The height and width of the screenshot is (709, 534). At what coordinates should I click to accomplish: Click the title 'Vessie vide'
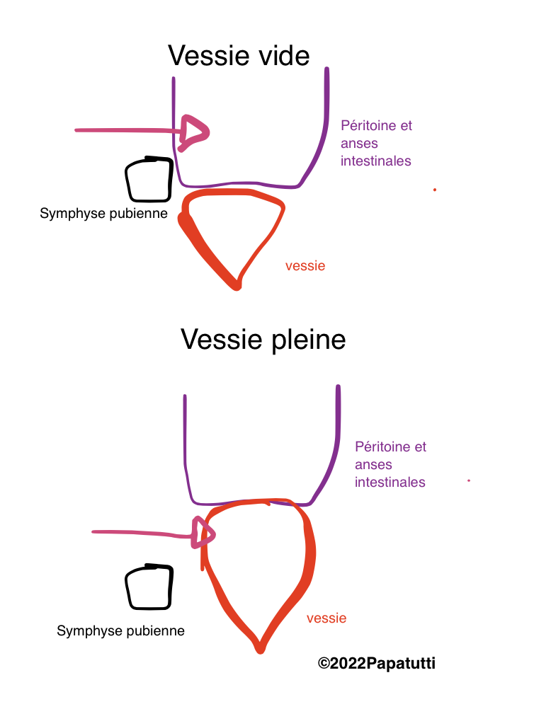point(239,55)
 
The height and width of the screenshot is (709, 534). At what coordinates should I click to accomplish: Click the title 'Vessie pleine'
point(263,339)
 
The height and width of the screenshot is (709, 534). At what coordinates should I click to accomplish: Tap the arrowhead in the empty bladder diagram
point(194,130)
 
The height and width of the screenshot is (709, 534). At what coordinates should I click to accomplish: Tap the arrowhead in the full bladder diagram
point(204,531)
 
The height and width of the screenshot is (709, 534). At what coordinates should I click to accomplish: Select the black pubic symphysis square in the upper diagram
point(149,179)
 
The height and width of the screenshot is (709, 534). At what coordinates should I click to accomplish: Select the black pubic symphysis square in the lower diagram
point(149,587)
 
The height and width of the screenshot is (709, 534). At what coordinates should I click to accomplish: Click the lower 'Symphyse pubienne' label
point(120,630)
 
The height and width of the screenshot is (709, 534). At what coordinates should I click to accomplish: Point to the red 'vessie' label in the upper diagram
point(305,266)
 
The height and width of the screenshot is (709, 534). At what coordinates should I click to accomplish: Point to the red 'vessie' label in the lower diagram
point(326,618)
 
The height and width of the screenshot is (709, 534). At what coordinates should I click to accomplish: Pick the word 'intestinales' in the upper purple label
point(375,161)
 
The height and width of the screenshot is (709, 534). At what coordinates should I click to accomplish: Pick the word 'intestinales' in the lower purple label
point(390,483)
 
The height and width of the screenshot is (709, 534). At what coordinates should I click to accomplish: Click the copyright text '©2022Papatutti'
point(376,663)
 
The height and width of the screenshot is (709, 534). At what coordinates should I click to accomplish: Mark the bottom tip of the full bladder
point(260,648)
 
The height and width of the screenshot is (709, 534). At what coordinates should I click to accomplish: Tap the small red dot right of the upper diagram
point(435,190)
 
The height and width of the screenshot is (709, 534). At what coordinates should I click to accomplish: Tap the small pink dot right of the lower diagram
point(469,481)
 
